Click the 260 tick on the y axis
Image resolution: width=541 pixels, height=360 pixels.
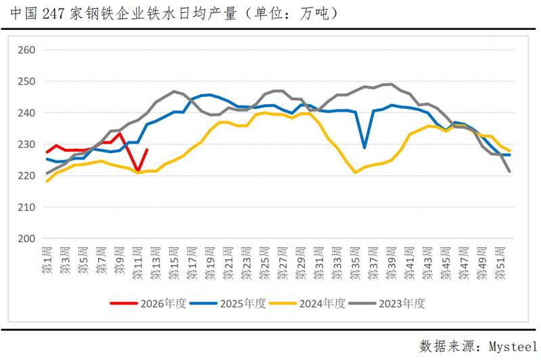[x=26, y=50]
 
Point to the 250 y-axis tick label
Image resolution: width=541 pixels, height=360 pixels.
[x=26, y=81]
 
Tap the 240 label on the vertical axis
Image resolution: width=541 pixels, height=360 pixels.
[x=26, y=113]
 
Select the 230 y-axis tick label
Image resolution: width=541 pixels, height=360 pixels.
[x=26, y=144]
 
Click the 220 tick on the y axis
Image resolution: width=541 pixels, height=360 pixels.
[x=26, y=176]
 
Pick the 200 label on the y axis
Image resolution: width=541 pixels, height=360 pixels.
[x=26, y=239]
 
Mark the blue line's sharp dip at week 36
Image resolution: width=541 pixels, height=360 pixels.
[x=365, y=148]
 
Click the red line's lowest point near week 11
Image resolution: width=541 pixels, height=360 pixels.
[x=138, y=171]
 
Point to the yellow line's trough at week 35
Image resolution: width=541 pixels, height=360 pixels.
[x=356, y=173]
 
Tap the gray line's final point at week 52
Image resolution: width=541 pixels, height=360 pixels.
[x=510, y=171]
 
